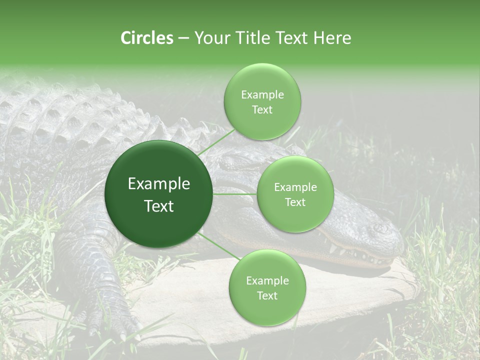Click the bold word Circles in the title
point(147,38)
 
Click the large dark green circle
point(158,194)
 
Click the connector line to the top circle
point(216,141)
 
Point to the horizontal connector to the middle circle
point(235,194)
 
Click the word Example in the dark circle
point(158,184)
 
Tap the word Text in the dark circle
point(158,206)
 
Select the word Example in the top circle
point(262,95)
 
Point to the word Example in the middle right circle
point(295,187)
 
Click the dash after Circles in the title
point(183,38)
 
